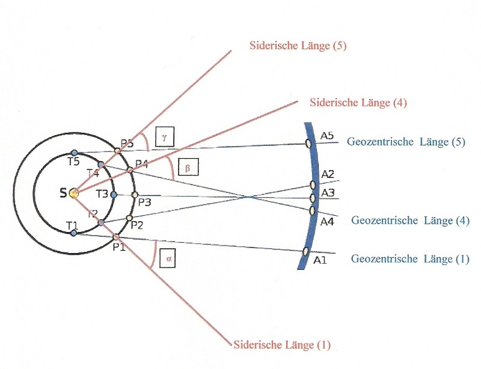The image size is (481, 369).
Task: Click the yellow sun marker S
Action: [73, 194]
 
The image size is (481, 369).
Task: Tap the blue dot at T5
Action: [74, 153]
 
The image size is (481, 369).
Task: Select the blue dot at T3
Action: [114, 195]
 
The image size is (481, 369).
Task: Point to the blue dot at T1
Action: [73, 233]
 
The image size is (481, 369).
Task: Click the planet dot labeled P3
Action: [134, 195]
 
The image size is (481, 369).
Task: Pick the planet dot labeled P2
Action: [129, 218]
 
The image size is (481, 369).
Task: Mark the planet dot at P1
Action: [116, 237]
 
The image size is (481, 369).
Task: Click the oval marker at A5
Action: [308, 143]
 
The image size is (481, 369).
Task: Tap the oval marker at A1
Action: [305, 251]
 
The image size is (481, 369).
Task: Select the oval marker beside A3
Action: [313, 198]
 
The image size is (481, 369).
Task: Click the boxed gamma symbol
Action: [165, 136]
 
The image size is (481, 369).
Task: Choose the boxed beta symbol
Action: [188, 167]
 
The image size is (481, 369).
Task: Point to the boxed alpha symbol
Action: [168, 258]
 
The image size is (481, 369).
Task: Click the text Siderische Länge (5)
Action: [298, 46]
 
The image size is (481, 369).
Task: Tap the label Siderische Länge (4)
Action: [358, 102]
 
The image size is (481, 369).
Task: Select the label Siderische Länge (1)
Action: [282, 344]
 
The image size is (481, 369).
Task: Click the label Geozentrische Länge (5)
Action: [406, 142]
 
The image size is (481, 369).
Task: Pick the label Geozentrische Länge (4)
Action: [411, 220]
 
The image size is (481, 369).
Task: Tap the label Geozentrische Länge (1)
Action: [410, 258]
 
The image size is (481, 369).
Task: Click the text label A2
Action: [328, 174]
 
